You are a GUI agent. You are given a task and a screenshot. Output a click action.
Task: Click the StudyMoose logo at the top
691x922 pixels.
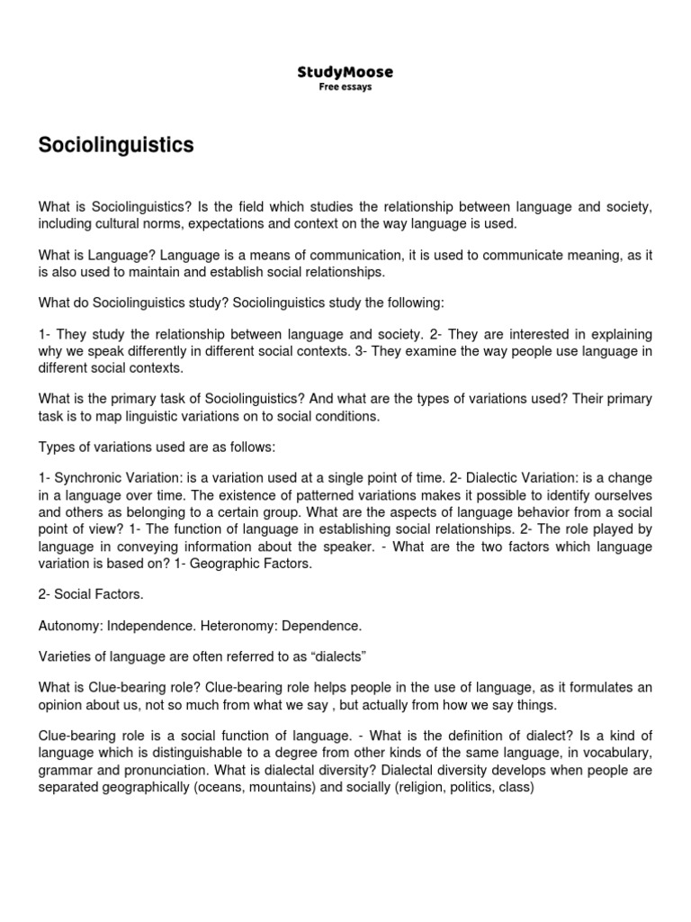(345, 71)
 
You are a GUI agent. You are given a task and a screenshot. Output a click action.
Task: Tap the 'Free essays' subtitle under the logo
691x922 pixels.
(345, 87)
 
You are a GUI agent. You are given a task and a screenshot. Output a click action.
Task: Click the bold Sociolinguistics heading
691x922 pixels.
(116, 146)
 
